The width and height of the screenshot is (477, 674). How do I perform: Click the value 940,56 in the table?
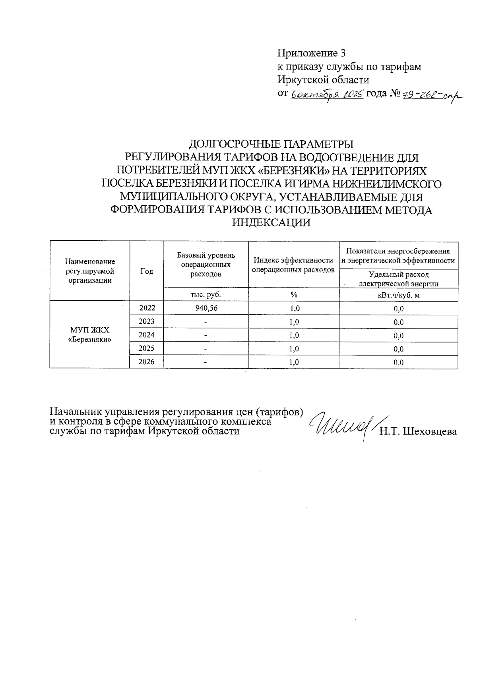coord(206,308)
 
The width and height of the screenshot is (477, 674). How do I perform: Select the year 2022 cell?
coord(146,308)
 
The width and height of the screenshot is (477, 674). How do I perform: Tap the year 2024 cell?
coord(146,335)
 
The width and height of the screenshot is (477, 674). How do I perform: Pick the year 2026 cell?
coord(146,362)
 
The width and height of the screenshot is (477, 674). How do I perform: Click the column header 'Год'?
coord(146,271)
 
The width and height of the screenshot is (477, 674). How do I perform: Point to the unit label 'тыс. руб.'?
coord(206,295)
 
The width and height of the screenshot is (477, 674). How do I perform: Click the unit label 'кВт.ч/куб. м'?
coord(398,295)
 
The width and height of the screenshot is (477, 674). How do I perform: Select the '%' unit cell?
coord(294,295)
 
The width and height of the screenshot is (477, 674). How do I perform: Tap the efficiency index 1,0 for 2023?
coord(294,322)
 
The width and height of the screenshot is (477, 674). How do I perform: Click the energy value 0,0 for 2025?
coord(398,349)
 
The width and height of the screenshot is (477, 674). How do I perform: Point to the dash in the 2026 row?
coord(206,362)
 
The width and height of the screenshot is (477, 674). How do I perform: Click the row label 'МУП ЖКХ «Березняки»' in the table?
coord(89,335)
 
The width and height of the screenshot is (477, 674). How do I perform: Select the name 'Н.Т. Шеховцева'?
coord(418,432)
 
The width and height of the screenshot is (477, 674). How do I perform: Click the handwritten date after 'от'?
coord(327,95)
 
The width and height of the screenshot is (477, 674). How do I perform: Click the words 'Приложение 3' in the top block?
coord(311,53)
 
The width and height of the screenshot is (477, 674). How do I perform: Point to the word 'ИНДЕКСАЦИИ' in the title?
coord(271,223)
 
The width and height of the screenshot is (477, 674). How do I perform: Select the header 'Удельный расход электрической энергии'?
coord(398,279)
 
